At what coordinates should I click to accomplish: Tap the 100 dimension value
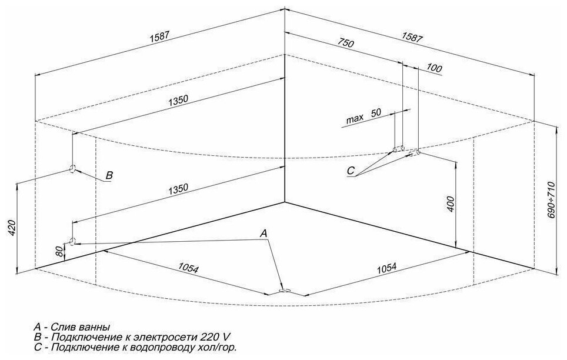coord(433,69)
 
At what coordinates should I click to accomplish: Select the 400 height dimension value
coord(450,204)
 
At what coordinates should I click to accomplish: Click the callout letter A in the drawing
coord(265,234)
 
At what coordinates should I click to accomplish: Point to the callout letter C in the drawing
coord(351,171)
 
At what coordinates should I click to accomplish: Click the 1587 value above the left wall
coord(159,36)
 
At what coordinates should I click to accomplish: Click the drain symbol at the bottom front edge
coord(284,290)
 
